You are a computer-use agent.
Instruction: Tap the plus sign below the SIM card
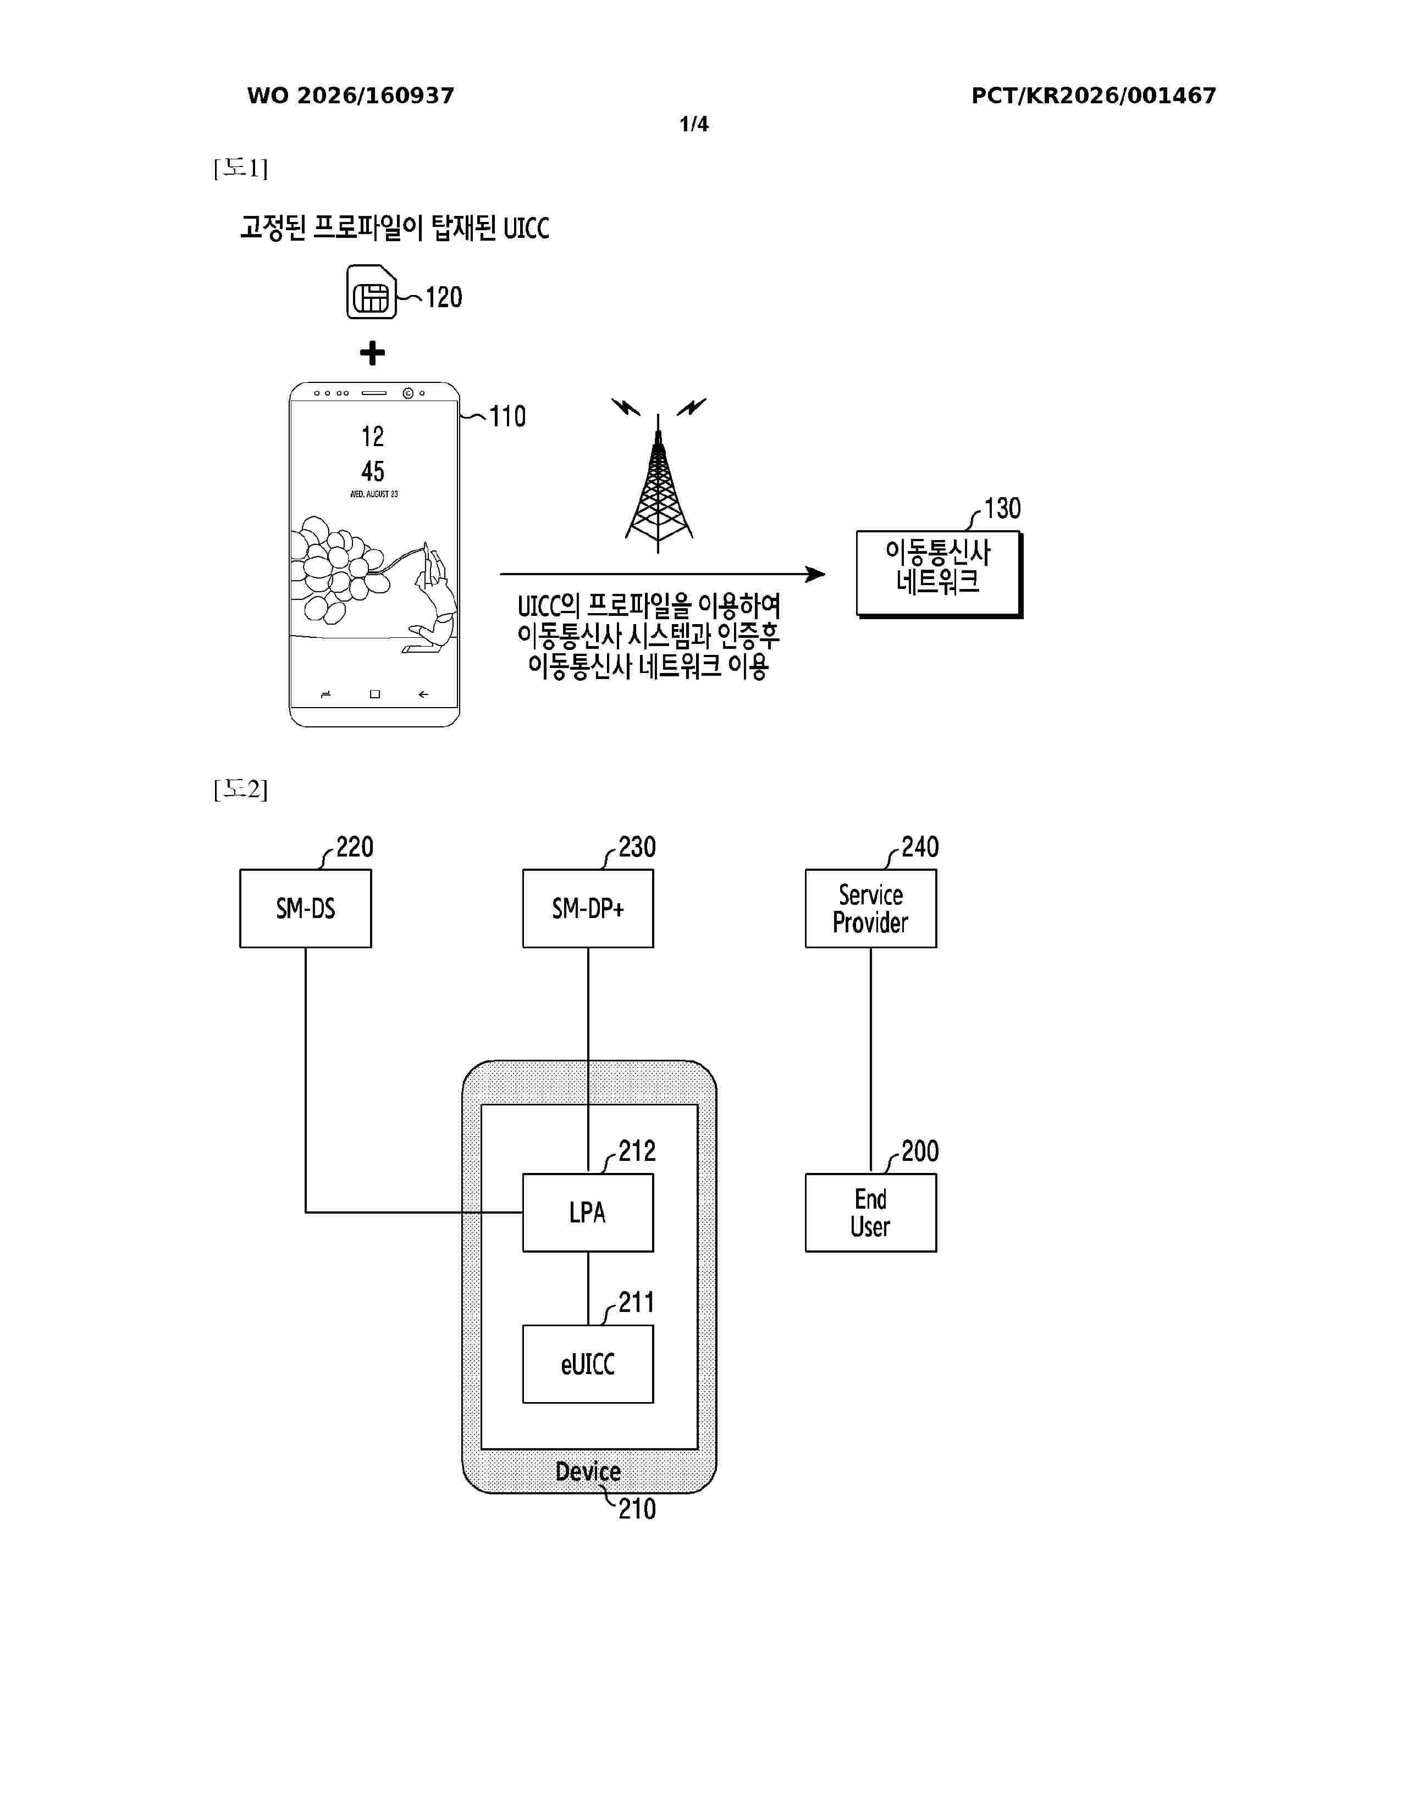(372, 354)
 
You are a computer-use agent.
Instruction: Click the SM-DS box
(306, 908)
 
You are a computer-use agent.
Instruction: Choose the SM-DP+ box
(588, 908)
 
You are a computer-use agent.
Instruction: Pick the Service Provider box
(870, 908)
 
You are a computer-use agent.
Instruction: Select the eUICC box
(588, 1364)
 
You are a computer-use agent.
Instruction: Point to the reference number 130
(1002, 508)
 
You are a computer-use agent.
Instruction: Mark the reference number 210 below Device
(637, 1508)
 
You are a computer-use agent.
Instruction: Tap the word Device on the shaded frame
(588, 1471)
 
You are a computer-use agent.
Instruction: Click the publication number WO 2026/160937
(351, 96)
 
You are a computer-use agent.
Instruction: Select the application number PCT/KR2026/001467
(1094, 96)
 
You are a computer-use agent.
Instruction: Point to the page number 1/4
(694, 125)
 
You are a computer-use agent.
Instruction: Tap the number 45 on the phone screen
(373, 471)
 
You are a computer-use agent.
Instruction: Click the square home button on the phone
(374, 694)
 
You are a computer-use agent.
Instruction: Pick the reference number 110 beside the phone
(507, 416)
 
